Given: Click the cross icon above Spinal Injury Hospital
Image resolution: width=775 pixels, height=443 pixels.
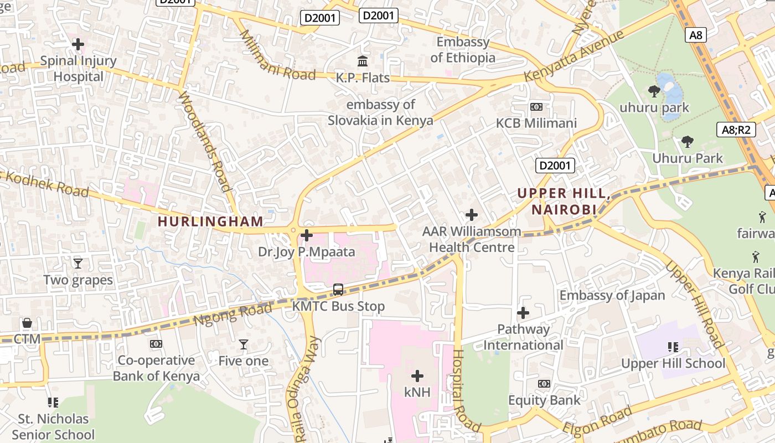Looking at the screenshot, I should [78, 44].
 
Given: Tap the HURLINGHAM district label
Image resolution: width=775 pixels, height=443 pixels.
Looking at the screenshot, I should [210, 221].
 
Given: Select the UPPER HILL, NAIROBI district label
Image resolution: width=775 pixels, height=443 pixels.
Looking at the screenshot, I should [564, 202].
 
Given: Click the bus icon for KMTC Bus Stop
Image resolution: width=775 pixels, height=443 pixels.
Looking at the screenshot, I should [338, 290].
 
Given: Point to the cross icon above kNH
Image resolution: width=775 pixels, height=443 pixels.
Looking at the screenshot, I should [417, 376].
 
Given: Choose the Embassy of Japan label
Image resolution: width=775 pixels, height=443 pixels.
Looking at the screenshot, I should [612, 295].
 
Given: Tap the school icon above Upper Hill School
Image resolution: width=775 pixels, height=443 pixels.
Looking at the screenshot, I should [673, 347].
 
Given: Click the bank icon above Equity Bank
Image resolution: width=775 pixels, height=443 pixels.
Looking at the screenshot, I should [544, 384].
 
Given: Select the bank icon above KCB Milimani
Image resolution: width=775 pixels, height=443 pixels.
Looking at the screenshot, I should [536, 107].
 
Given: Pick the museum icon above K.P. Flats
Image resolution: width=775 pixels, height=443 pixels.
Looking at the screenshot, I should [363, 61].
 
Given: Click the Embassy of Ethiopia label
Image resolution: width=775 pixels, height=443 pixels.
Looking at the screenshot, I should [463, 50].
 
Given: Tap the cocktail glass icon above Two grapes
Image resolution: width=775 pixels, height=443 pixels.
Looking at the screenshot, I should [78, 263].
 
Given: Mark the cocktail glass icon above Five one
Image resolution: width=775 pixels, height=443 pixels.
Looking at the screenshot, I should [243, 344].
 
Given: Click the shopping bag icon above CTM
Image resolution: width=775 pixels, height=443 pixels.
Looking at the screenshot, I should [27, 323].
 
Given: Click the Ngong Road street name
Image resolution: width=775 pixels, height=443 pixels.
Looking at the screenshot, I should [232, 314].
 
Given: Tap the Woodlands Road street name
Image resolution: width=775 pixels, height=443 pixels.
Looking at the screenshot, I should [204, 141].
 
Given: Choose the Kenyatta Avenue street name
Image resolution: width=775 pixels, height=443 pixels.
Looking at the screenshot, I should [573, 56].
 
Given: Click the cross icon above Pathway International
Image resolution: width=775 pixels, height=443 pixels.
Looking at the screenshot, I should [523, 313].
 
